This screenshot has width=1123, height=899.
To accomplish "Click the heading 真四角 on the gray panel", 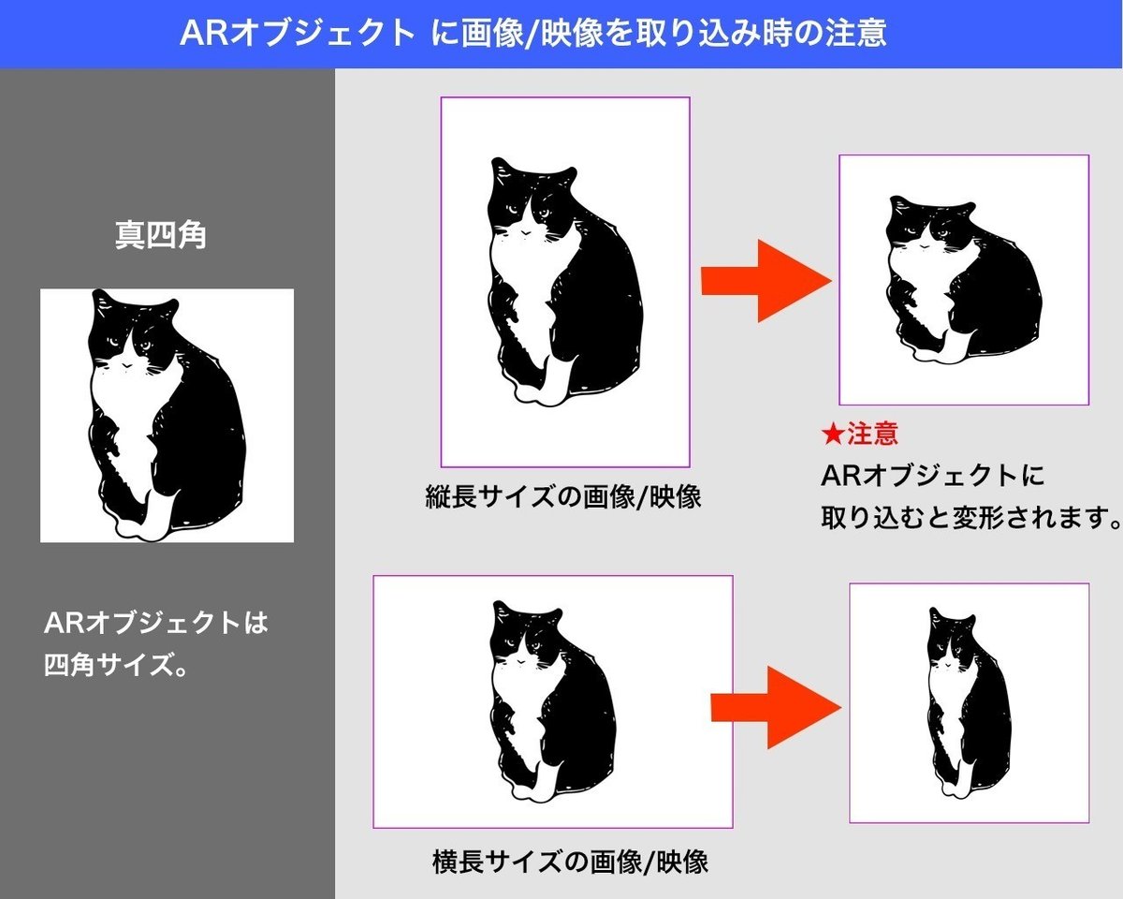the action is (x=161, y=236).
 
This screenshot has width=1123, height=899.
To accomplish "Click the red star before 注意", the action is (x=833, y=435).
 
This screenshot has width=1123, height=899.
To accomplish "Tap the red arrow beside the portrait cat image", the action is (x=766, y=281).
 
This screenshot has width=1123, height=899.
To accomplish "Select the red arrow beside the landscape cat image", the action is (x=776, y=708).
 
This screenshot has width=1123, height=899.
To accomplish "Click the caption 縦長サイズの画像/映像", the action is (x=563, y=496).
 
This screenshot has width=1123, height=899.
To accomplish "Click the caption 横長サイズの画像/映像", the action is (x=570, y=862).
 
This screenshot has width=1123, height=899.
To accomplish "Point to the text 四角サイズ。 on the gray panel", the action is (x=116, y=665).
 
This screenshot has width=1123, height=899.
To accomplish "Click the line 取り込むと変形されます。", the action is (x=971, y=518).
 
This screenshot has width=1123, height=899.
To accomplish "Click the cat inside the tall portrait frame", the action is (x=565, y=282).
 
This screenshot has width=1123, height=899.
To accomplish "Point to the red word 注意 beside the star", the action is (x=872, y=434).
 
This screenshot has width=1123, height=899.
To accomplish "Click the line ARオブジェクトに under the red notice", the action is (x=932, y=476).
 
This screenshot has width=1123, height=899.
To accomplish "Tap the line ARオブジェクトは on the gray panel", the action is (x=155, y=623).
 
